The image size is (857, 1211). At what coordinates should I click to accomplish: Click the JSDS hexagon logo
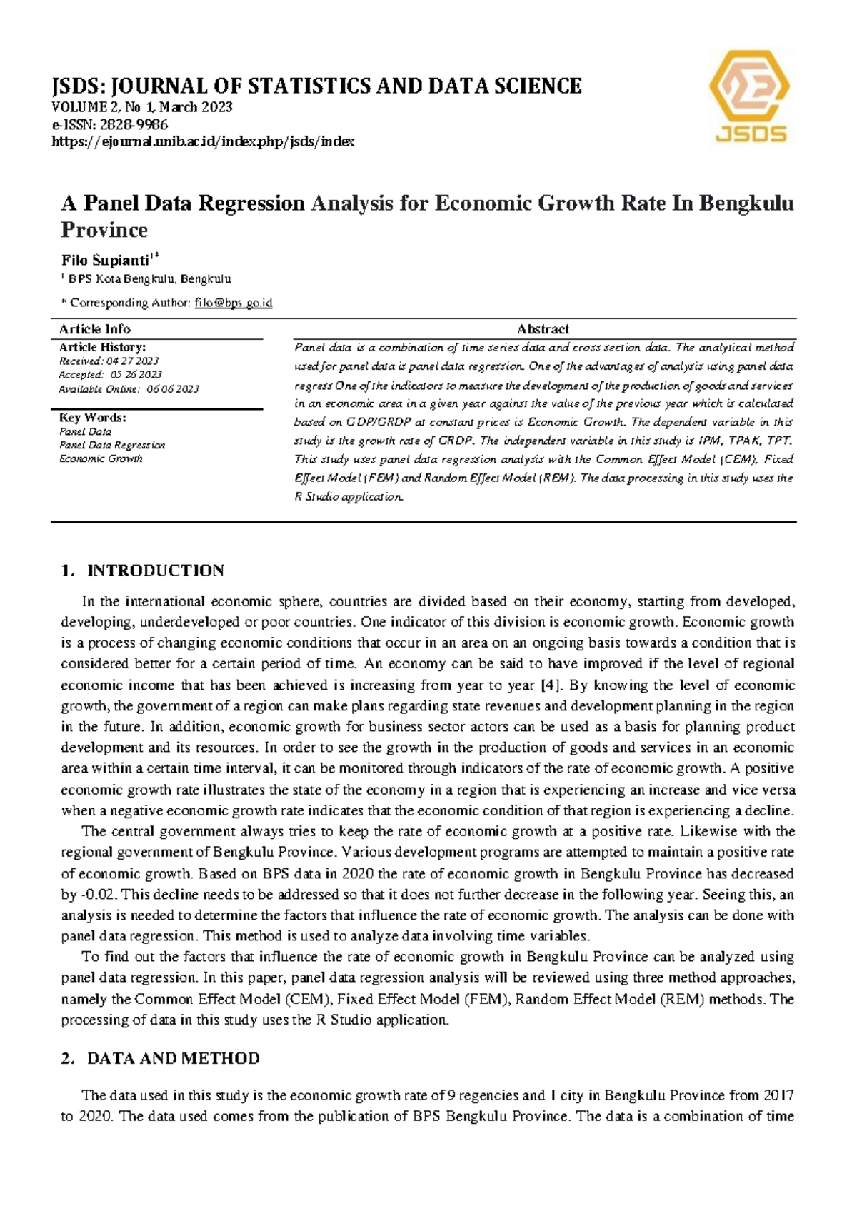[749, 96]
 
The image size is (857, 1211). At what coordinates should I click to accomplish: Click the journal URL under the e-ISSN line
[204, 141]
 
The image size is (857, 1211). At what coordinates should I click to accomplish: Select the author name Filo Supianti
[105, 260]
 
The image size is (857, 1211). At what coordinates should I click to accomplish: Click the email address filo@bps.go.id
[234, 303]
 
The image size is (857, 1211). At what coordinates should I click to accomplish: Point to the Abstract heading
[543, 329]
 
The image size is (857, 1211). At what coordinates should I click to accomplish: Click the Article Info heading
[94, 329]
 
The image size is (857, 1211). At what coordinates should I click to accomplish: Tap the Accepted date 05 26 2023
[136, 375]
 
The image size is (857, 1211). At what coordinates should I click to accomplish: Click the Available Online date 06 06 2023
[173, 389]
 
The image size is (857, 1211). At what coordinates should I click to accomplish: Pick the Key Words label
[92, 418]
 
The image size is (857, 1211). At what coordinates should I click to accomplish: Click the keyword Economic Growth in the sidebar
[101, 459]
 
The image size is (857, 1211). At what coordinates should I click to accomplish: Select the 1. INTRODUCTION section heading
[143, 571]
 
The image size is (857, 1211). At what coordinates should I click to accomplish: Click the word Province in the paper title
[104, 230]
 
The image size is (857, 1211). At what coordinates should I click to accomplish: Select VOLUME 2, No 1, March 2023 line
[141, 108]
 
